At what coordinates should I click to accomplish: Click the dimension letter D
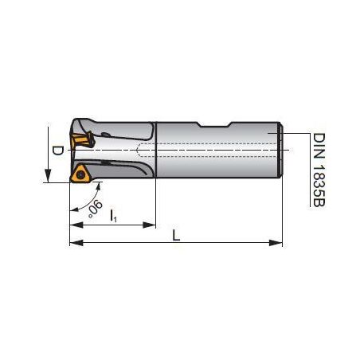(57, 151)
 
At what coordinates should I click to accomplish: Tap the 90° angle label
(95, 209)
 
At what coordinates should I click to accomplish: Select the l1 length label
(113, 216)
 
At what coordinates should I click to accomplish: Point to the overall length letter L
(176, 235)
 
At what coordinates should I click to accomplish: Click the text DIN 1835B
(319, 170)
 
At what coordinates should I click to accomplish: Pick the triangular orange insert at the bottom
(80, 174)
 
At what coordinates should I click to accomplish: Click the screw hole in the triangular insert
(80, 174)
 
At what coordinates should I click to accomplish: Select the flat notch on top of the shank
(215, 124)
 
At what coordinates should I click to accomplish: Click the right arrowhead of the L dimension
(276, 243)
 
